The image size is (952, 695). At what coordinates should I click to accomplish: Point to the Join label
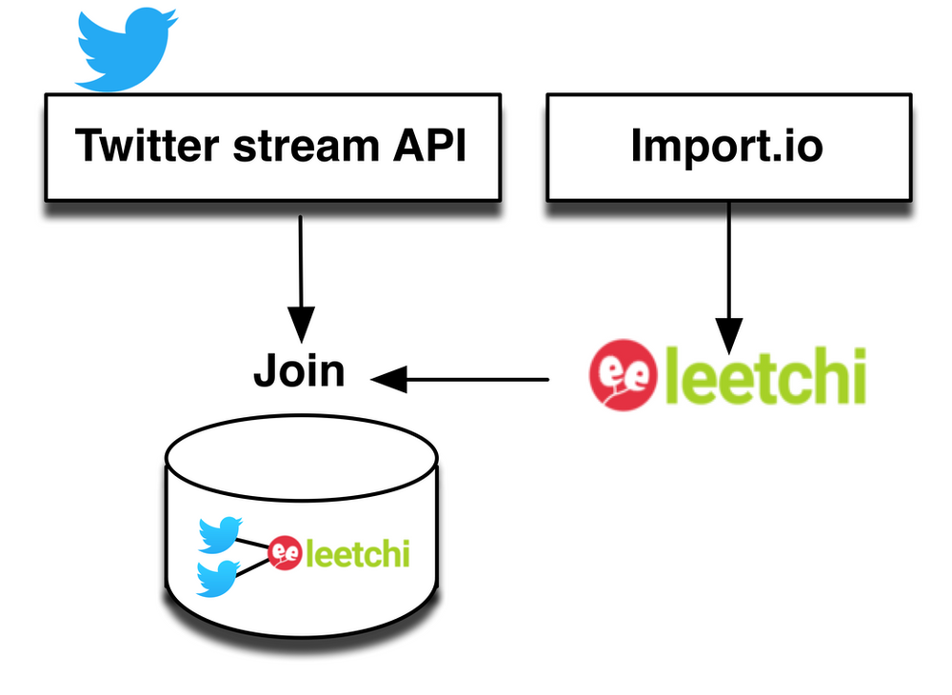[299, 370]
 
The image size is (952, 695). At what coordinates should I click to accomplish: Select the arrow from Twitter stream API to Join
[301, 276]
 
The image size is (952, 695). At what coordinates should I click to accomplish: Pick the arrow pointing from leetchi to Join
[466, 381]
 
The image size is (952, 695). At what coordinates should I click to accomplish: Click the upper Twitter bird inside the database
[220, 535]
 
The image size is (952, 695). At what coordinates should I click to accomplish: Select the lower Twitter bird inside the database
[218, 578]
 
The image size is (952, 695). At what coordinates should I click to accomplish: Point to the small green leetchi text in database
[356, 553]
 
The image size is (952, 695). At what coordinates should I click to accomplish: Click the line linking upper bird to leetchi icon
[254, 544]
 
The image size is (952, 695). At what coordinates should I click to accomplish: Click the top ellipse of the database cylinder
[302, 458]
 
